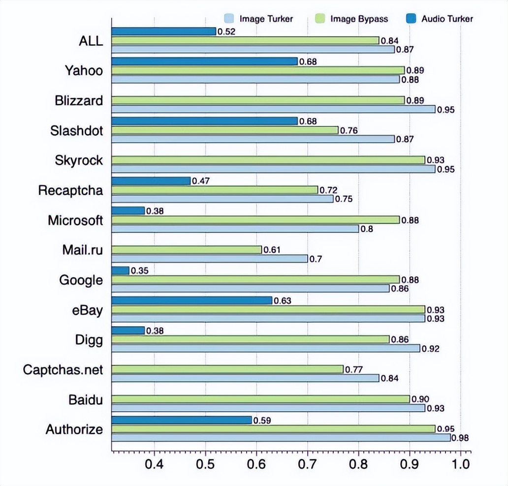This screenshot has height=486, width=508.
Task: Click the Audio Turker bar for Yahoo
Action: [x=204, y=61]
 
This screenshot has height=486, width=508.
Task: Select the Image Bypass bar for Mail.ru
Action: [x=186, y=249]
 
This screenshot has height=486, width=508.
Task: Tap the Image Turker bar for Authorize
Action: [x=281, y=438]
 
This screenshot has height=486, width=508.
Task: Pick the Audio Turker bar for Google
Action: [x=120, y=271]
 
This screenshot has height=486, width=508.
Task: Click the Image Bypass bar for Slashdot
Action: [x=224, y=130]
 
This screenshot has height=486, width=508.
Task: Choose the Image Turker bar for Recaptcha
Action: [x=222, y=199]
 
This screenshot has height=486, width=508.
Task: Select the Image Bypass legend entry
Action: [x=351, y=19]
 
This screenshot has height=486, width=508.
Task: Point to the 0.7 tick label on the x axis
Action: [x=307, y=464]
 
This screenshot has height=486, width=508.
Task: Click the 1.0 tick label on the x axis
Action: [x=461, y=464]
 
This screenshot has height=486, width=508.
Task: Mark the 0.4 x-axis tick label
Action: [x=154, y=464]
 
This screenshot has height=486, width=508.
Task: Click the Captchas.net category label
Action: [x=63, y=369]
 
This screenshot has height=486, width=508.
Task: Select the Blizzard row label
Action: [x=79, y=101]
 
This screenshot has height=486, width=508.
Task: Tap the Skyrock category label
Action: [x=79, y=160]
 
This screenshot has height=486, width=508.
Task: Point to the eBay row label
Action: [x=87, y=310]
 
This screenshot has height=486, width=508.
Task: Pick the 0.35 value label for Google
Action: [x=139, y=270]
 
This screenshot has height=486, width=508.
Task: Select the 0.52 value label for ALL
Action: [x=225, y=31]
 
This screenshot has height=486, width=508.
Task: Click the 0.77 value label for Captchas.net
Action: [x=353, y=369]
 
